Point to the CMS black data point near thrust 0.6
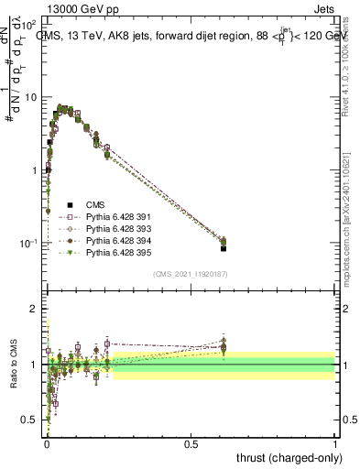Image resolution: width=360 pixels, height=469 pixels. pos(223,248)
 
